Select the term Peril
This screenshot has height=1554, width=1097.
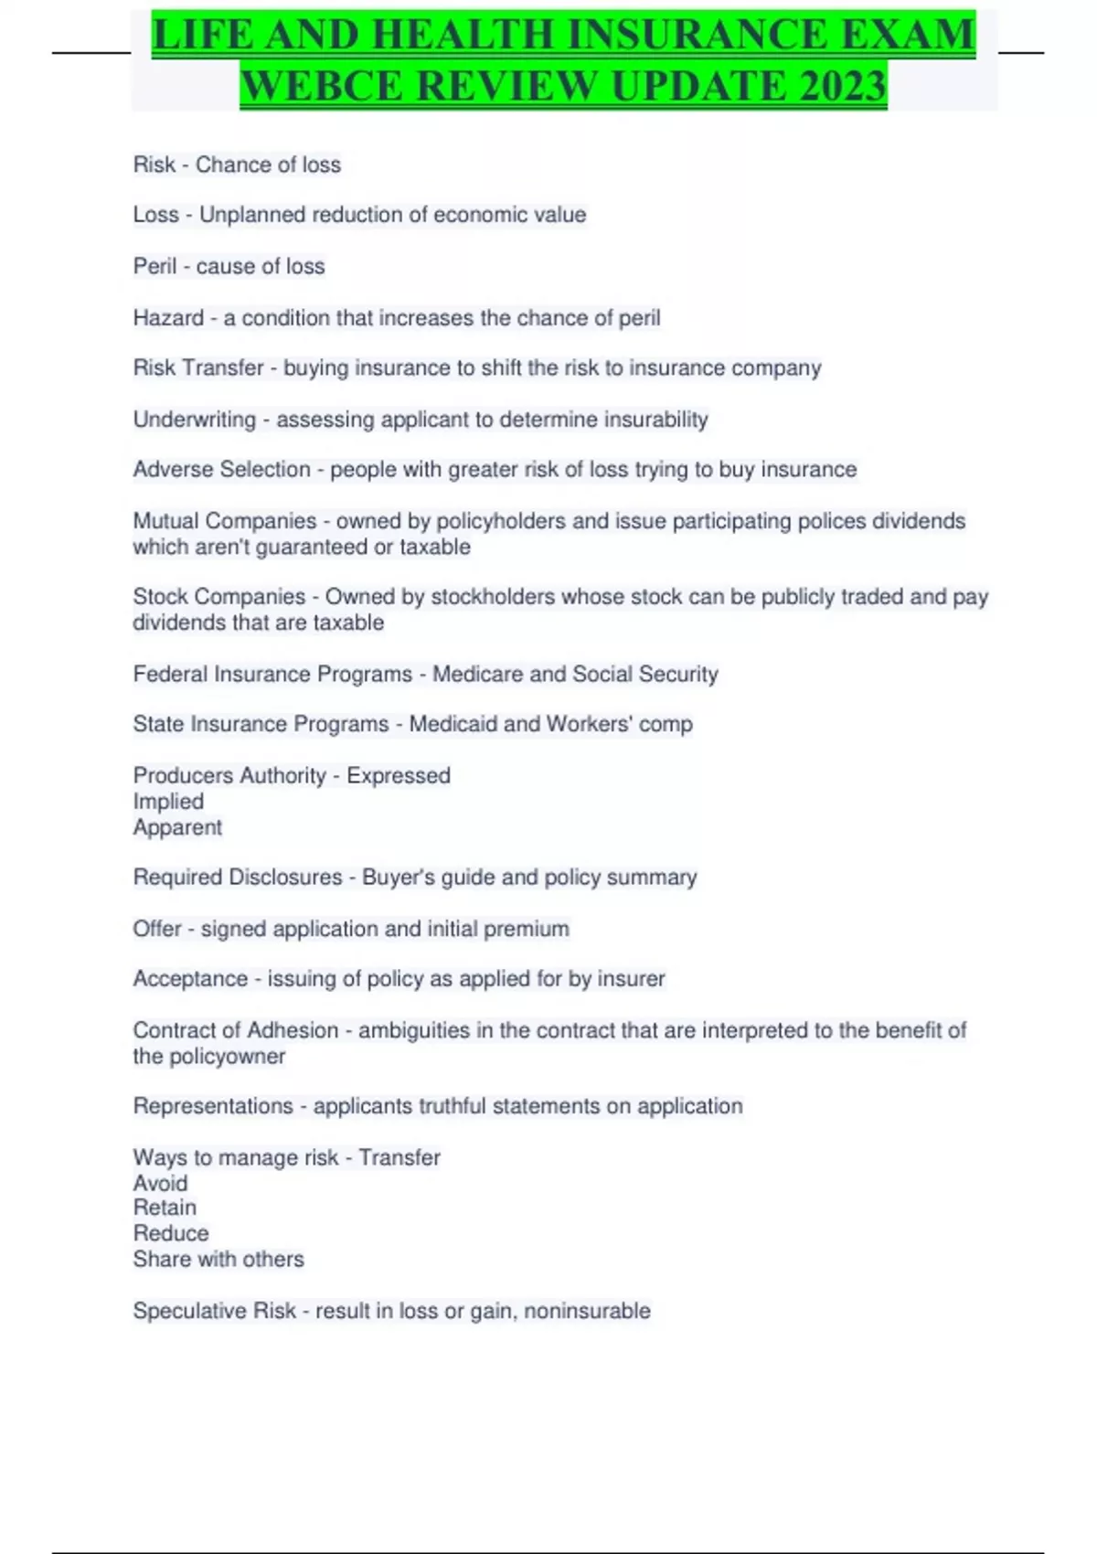(x=154, y=266)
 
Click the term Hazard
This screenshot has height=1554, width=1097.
(x=168, y=318)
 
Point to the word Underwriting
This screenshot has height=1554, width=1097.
(x=194, y=420)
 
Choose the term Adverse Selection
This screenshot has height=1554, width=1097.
(x=221, y=469)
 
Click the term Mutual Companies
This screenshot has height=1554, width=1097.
(x=224, y=521)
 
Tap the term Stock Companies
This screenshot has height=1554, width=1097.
(x=218, y=597)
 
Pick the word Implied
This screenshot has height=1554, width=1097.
(x=168, y=802)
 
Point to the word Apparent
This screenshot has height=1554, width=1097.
(x=177, y=827)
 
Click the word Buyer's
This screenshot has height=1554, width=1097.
(x=398, y=878)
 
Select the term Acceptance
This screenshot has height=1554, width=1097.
(x=190, y=979)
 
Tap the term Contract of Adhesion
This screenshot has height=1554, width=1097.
(x=235, y=1030)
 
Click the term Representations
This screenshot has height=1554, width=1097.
(x=213, y=1106)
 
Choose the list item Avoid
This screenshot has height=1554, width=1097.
(x=160, y=1183)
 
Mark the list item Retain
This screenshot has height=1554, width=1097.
(x=165, y=1208)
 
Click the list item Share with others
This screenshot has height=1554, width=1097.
(x=218, y=1259)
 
